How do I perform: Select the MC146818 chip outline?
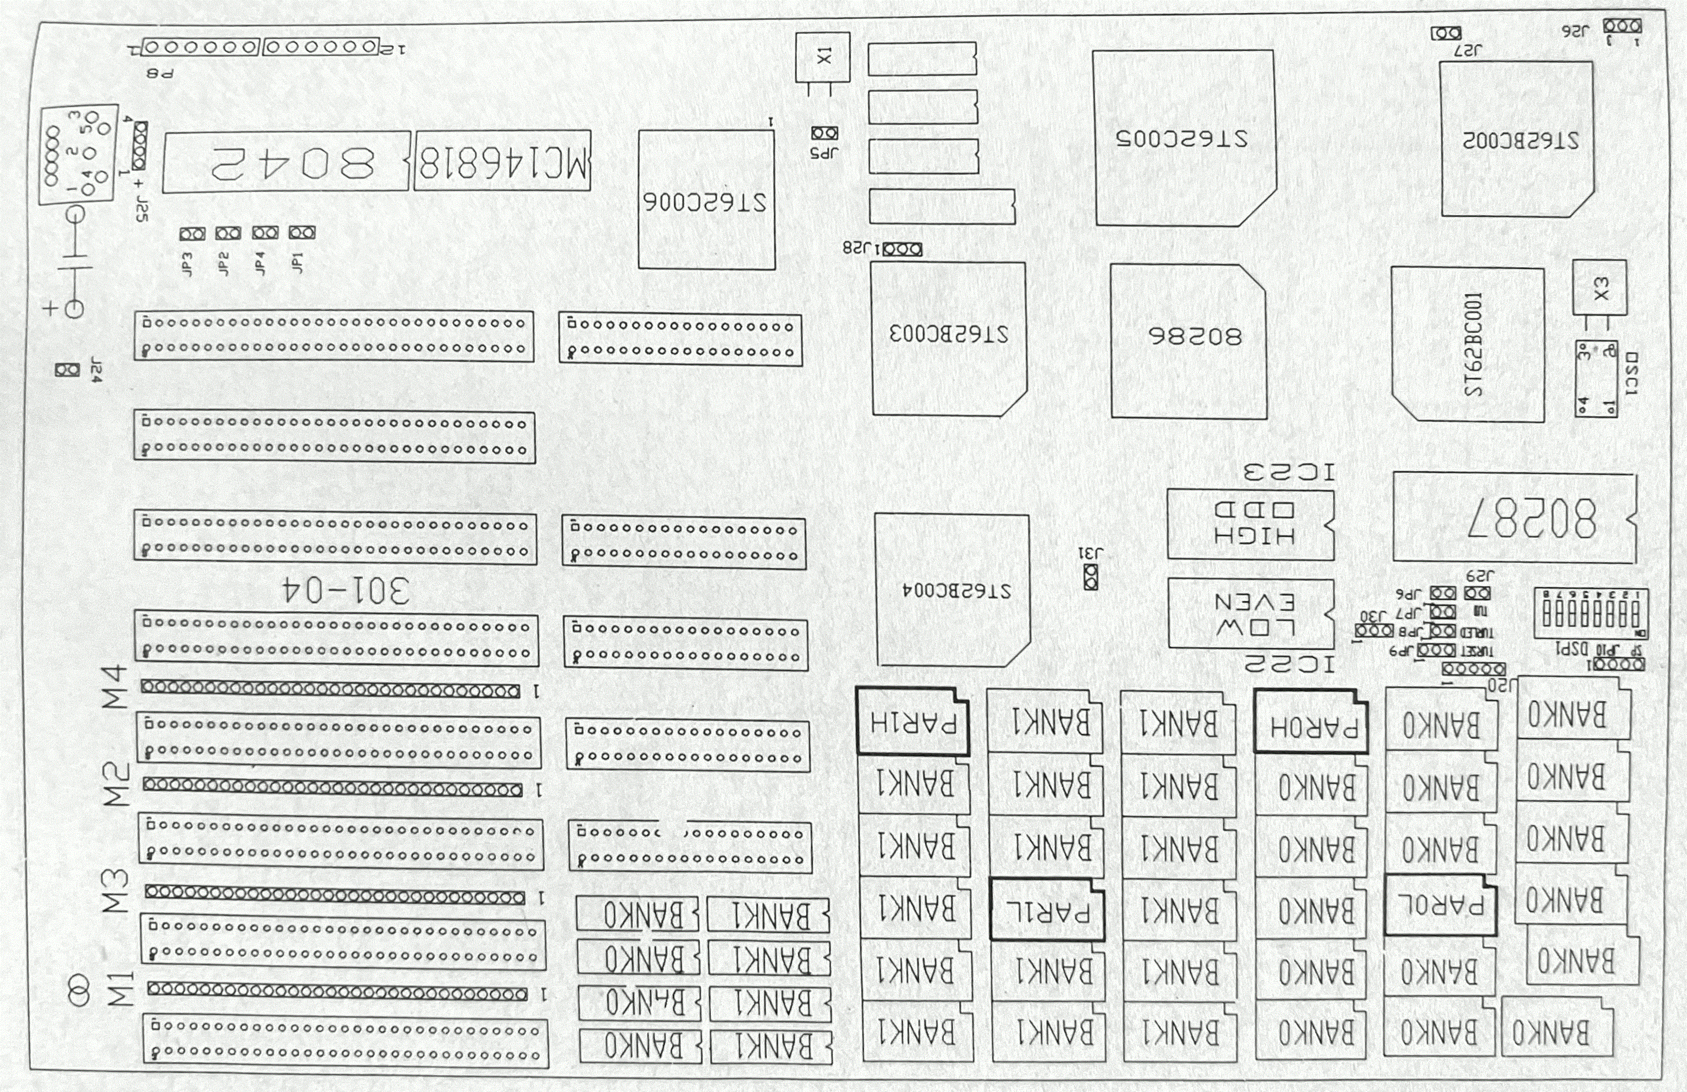click(x=502, y=161)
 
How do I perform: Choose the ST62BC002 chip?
click(x=1517, y=139)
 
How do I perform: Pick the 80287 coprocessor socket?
click(x=1514, y=518)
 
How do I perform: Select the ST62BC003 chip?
click(x=948, y=338)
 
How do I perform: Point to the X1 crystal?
click(x=822, y=57)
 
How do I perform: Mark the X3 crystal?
click(x=1600, y=287)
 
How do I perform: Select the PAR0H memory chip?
click(x=1311, y=722)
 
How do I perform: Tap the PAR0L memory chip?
click(x=1440, y=906)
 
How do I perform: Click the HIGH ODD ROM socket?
click(x=1250, y=523)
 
